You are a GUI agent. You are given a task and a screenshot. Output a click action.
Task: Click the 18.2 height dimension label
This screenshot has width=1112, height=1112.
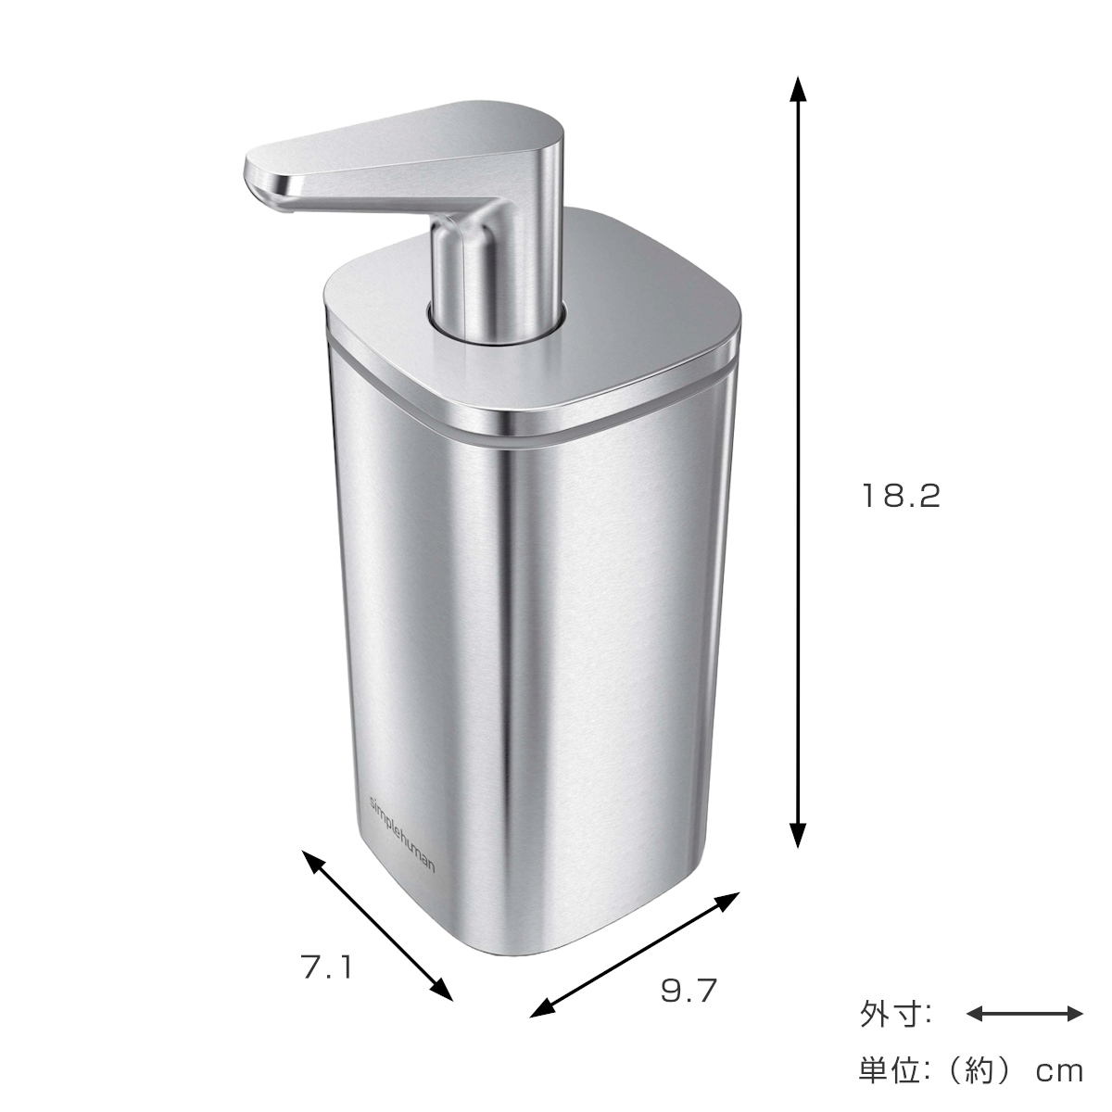pyautogui.click(x=901, y=497)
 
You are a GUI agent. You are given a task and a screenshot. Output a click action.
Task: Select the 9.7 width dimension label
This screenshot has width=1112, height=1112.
pyautogui.click(x=689, y=991)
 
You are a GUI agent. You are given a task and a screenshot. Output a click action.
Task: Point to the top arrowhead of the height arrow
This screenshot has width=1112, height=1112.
pyautogui.click(x=796, y=86)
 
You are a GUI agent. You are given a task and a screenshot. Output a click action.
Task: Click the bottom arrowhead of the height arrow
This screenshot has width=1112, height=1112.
pyautogui.click(x=796, y=837)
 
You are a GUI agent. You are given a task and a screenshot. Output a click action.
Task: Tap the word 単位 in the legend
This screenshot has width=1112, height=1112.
pyautogui.click(x=884, y=1070)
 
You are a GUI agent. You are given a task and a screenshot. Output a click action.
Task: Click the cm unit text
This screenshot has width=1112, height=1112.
pyautogui.click(x=1058, y=1071)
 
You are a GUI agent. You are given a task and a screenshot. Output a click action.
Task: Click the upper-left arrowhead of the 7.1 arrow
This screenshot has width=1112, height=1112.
pyautogui.click(x=313, y=860)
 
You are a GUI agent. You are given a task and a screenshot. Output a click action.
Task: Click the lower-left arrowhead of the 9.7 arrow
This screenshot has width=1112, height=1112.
pyautogui.click(x=538, y=1011)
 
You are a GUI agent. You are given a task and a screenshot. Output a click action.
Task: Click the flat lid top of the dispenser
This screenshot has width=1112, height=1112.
pyautogui.click(x=639, y=297)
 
